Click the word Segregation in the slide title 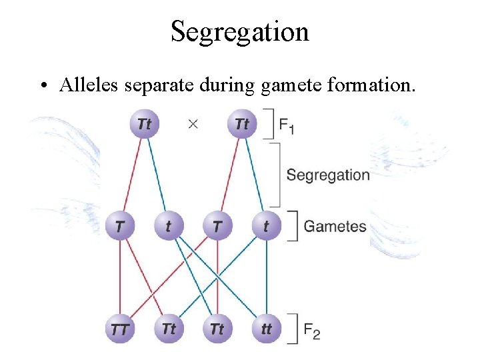[x=239, y=31]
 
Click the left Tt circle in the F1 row [x=145, y=124]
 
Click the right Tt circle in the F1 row [x=242, y=124]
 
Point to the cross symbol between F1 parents [x=193, y=125]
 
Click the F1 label [x=287, y=125]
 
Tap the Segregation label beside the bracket [x=327, y=175]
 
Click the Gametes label [x=335, y=226]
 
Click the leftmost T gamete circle [x=119, y=227]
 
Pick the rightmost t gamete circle [x=266, y=227]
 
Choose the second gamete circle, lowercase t [x=168, y=227]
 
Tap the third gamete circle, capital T [x=217, y=227]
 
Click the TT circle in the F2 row [x=119, y=329]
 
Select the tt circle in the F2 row [x=266, y=329]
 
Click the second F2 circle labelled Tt [x=169, y=329]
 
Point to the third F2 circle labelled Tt [x=217, y=329]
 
